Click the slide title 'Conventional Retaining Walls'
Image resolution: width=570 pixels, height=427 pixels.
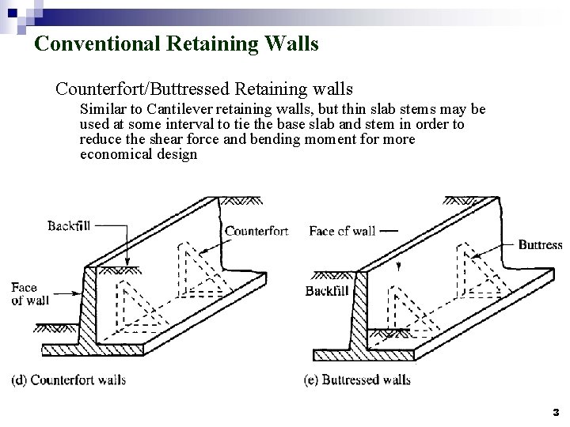pos(177,43)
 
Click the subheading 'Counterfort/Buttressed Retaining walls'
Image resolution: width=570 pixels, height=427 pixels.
pos(203,88)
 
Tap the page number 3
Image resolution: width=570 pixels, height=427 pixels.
pos(556,412)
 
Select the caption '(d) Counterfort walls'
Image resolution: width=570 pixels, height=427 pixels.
pos(68,380)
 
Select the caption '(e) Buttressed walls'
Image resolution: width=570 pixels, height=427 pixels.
pos(357,380)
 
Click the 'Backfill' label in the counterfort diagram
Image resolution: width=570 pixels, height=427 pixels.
pos(69,226)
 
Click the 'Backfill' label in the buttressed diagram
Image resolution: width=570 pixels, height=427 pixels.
pos(327,291)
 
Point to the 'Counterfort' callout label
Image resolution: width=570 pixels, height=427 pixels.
pos(256,232)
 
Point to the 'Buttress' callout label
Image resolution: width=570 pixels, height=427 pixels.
pos(540,245)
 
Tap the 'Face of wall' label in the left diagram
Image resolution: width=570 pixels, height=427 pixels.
pos(30,293)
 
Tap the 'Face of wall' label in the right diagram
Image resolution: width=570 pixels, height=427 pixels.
pos(342,231)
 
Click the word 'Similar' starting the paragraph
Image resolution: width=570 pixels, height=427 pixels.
pos(102,110)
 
